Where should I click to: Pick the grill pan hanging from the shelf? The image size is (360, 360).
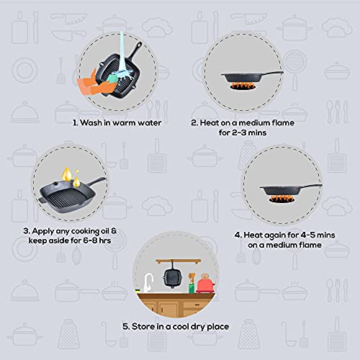[x=173, y=276]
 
